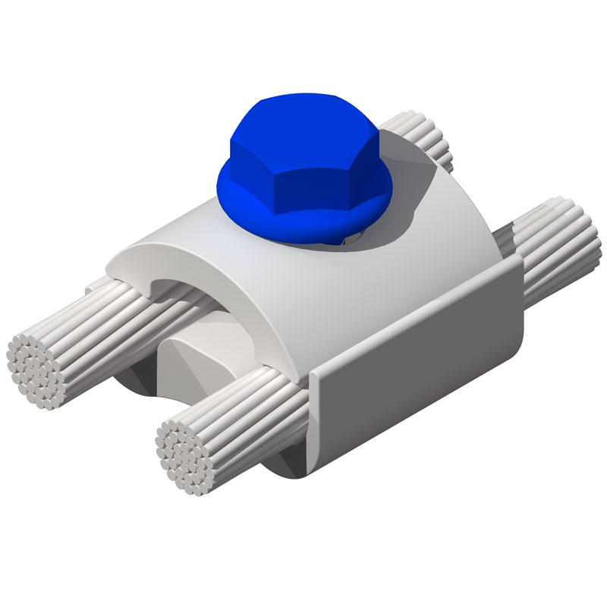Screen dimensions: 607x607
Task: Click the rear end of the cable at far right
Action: click(x=573, y=235)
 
